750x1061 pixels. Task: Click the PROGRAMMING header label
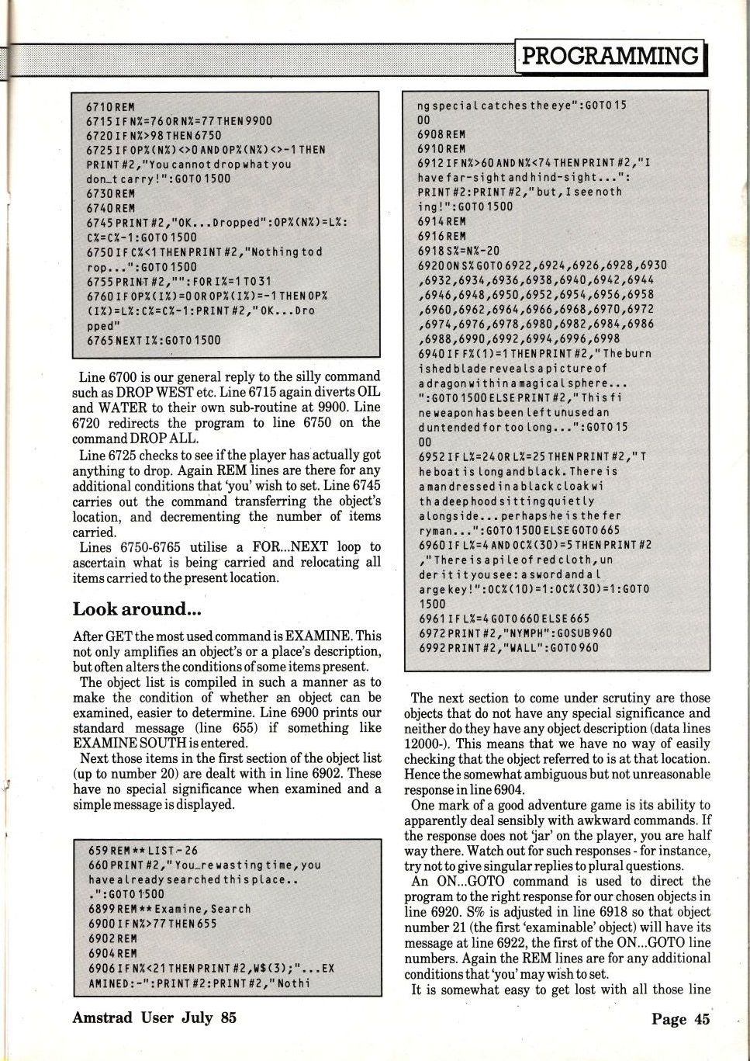pyautogui.click(x=610, y=56)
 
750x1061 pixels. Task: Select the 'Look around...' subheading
pyautogui.click(x=132, y=609)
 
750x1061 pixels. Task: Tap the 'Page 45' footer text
pyautogui.click(x=680, y=1019)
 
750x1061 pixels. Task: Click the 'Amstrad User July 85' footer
pyautogui.click(x=154, y=1017)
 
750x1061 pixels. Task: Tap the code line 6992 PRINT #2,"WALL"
pyautogui.click(x=508, y=647)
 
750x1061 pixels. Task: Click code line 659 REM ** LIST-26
pyautogui.click(x=143, y=850)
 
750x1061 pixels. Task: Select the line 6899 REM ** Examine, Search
pyautogui.click(x=170, y=909)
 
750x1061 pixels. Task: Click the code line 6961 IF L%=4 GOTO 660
pyautogui.click(x=503, y=619)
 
